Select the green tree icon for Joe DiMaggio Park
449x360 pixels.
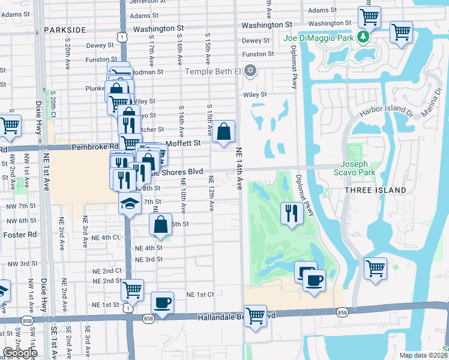click(363, 37)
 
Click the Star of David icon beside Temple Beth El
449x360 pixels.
click(250, 71)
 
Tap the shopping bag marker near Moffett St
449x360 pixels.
click(223, 131)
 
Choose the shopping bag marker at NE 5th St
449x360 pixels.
click(160, 225)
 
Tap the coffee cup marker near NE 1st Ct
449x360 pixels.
click(161, 302)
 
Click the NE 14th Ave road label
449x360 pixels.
click(240, 169)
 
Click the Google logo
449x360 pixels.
click(20, 353)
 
